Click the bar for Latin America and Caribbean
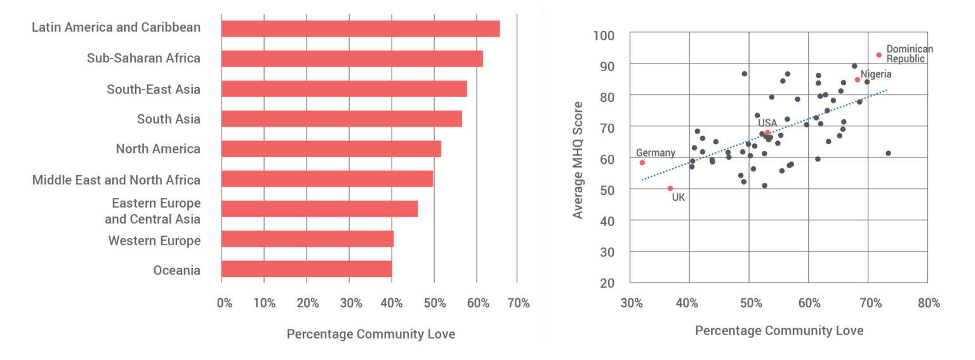pyautogui.click(x=360, y=29)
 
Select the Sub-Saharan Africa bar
pyautogui.click(x=352, y=58)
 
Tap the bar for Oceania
pyautogui.click(x=307, y=269)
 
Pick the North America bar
pyautogui.click(x=331, y=149)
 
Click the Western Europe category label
pyautogui.click(x=154, y=241)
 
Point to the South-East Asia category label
pyautogui.click(x=154, y=89)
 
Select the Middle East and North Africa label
pyautogui.click(x=116, y=180)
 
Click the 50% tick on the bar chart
pyautogui.click(x=434, y=303)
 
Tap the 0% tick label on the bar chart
pyautogui.click(x=224, y=303)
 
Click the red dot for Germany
pyautogui.click(x=642, y=163)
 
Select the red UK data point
pyautogui.click(x=670, y=189)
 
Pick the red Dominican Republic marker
pyautogui.click(x=879, y=55)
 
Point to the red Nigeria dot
pyautogui.click(x=857, y=79)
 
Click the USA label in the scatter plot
pyautogui.click(x=767, y=123)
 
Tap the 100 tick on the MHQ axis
pyautogui.click(x=604, y=34)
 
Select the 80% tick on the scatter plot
pyautogui.click(x=929, y=303)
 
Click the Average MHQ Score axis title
pyautogui.click(x=578, y=159)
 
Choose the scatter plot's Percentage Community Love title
pyautogui.click(x=779, y=331)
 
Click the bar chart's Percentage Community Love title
pyautogui.click(x=371, y=334)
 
